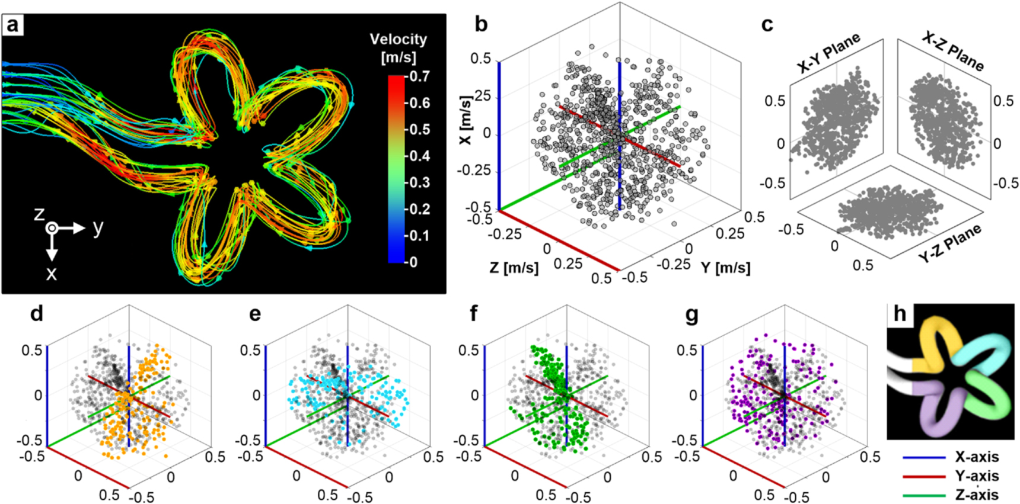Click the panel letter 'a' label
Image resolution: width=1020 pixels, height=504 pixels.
[13, 25]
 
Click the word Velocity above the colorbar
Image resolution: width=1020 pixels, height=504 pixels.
[398, 40]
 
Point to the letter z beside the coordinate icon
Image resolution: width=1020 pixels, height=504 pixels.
[39, 213]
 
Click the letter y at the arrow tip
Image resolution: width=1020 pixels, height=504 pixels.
[98, 227]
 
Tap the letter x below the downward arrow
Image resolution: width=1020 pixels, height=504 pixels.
[52, 273]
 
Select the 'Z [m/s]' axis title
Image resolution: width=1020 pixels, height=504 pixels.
[514, 268]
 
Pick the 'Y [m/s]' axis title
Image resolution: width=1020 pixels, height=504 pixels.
[725, 268]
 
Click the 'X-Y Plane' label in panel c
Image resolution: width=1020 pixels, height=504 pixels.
[828, 54]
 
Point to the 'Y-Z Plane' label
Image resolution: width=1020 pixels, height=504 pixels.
[949, 243]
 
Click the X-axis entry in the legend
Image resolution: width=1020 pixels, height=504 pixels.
[976, 457]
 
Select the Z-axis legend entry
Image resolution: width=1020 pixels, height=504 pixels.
[976, 495]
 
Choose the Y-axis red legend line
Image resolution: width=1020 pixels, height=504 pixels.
[924, 476]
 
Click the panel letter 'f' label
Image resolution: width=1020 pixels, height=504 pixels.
[473, 314]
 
